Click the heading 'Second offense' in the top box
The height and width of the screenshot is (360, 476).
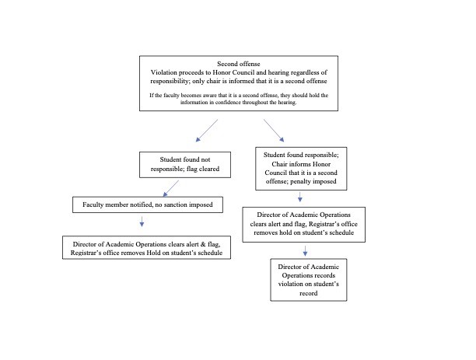239,64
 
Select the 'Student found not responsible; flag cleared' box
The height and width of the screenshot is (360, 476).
185,165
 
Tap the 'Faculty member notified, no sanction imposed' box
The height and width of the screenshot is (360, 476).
148,204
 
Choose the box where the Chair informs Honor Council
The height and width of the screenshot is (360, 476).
301,169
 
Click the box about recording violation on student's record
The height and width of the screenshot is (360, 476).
309,280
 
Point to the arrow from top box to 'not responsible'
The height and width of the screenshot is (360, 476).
207,131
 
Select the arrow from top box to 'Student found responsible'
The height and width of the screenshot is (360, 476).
274,131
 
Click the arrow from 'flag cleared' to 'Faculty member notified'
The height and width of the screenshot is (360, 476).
171,188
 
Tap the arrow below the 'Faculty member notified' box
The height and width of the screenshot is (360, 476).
142,222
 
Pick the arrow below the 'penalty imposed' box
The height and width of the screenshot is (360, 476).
300,197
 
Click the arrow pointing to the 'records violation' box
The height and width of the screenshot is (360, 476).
305,251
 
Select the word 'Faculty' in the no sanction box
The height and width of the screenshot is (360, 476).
93,205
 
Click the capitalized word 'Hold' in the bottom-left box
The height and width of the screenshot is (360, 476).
153,253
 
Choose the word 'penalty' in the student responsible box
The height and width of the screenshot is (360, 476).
301,181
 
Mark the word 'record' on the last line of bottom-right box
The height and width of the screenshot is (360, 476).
309,294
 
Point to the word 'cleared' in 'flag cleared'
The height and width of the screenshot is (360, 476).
209,169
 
